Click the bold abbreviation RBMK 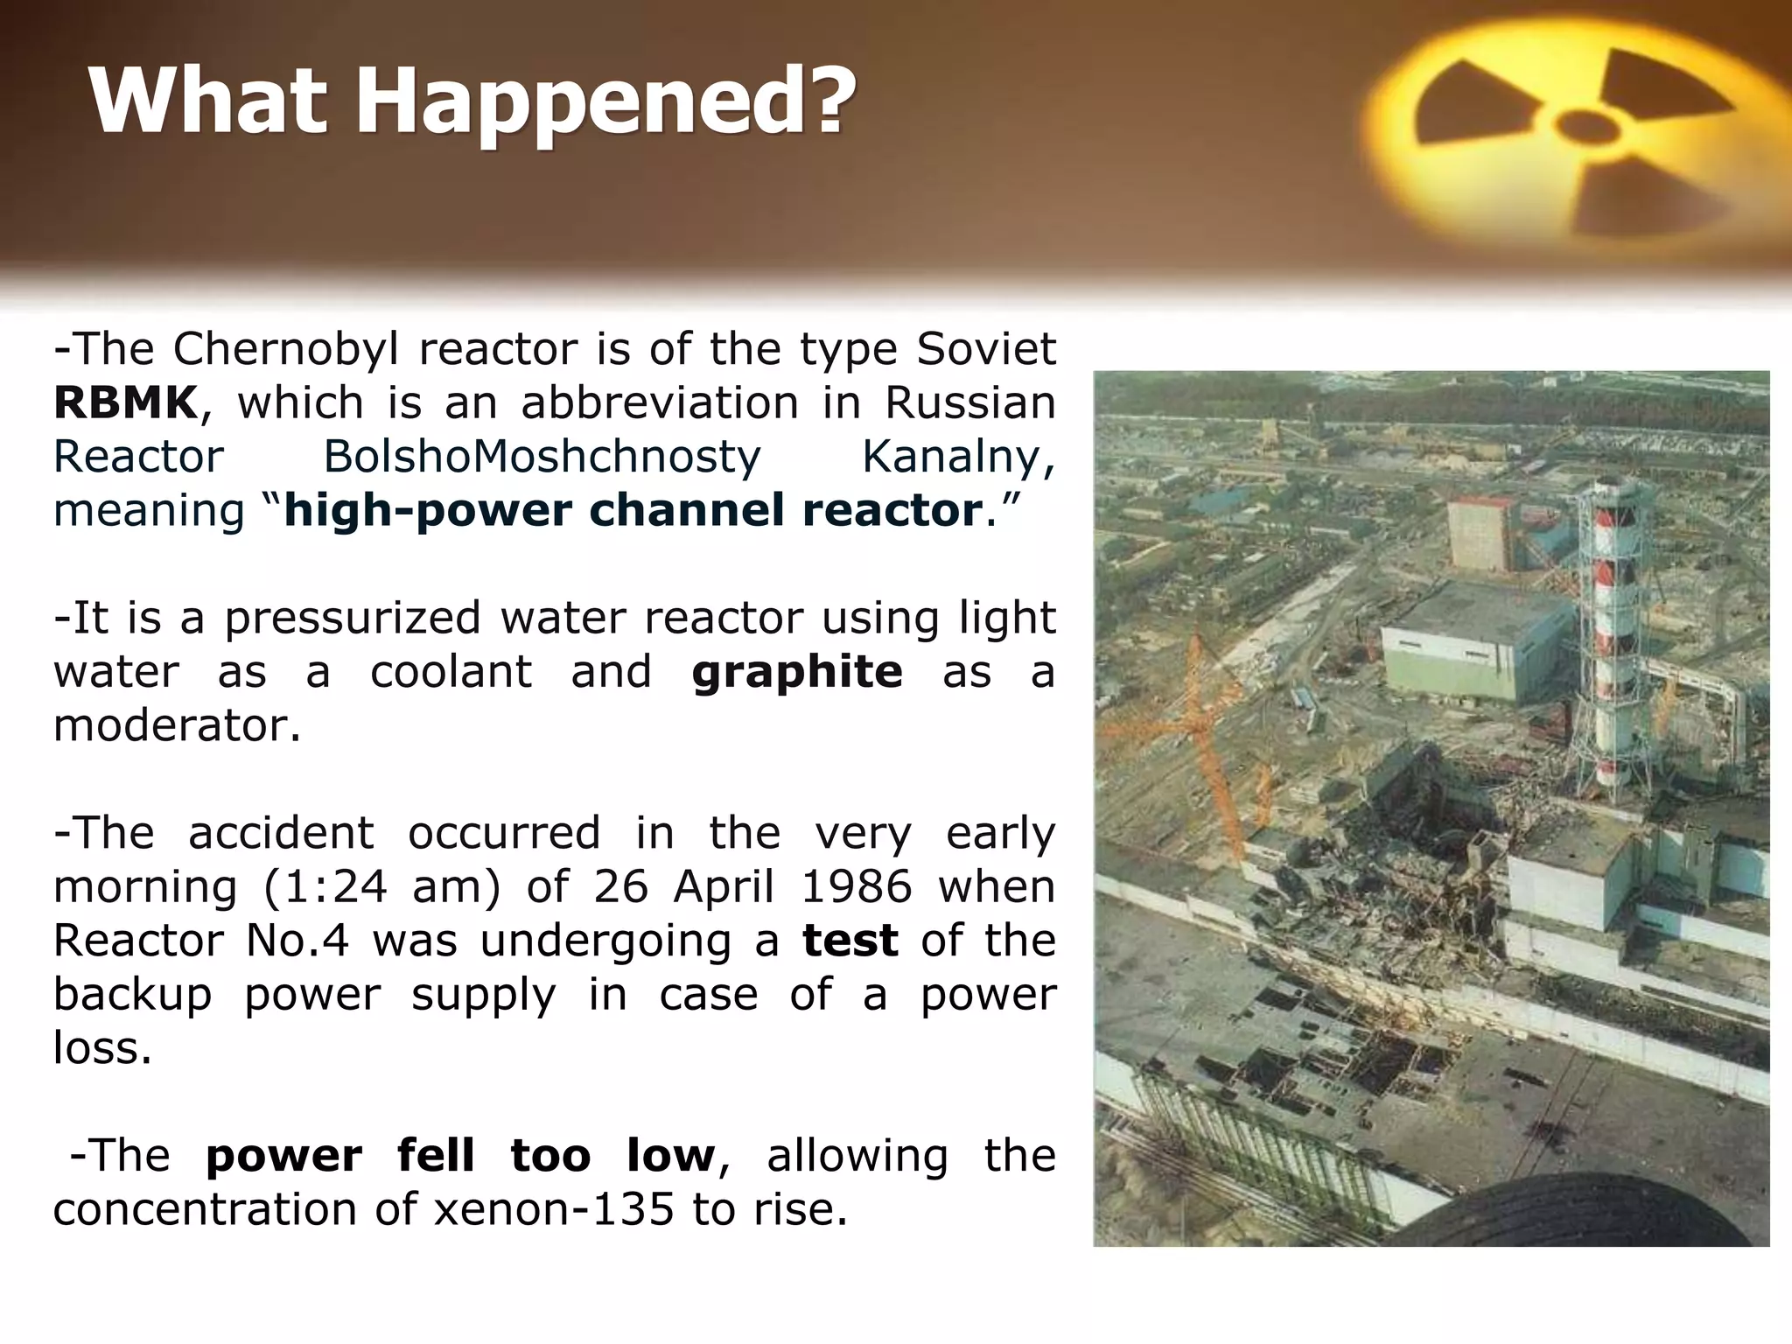tap(126, 403)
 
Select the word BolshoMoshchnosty tap(542, 458)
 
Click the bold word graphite tap(796, 672)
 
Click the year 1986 tap(856, 887)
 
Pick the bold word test tap(850, 941)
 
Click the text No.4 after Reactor tap(297, 941)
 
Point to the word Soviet tap(986, 350)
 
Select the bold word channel tap(687, 511)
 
